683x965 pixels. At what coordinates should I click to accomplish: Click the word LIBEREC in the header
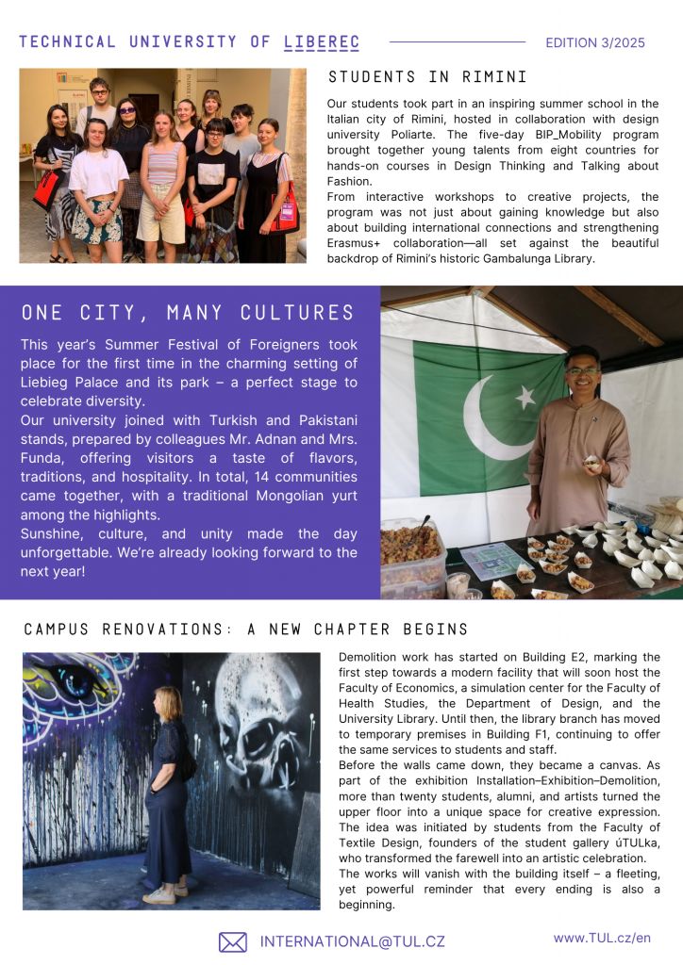(x=322, y=42)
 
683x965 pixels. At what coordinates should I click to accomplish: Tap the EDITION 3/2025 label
(x=595, y=42)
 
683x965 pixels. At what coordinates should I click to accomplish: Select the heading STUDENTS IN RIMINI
(x=427, y=77)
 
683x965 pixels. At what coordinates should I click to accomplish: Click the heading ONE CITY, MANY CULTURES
(x=188, y=313)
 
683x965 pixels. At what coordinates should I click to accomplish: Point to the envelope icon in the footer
(x=232, y=941)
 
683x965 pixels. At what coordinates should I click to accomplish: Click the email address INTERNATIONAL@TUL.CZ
(x=352, y=941)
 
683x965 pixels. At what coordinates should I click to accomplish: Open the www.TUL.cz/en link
(x=602, y=938)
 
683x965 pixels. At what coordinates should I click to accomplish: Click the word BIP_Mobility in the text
(x=518, y=134)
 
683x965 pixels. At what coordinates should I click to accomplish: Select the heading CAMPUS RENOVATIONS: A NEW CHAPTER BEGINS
(x=245, y=630)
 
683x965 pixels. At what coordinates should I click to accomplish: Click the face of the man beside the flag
(x=582, y=368)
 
